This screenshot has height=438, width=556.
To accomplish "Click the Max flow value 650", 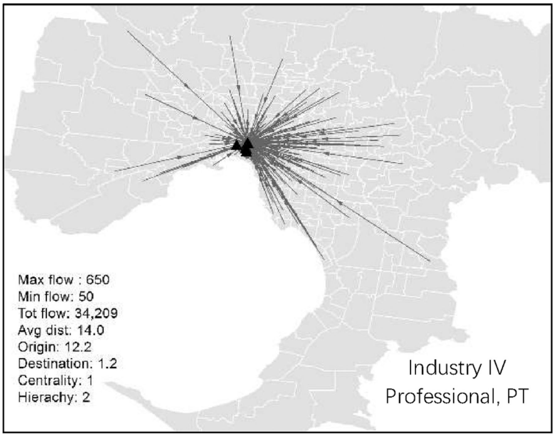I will [x=98, y=280].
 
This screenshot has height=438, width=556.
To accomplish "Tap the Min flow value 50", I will [x=86, y=297].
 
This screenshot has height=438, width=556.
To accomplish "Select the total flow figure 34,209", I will [x=96, y=313].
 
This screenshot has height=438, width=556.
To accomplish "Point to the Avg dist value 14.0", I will [x=91, y=330].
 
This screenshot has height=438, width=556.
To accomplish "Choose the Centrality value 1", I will [x=90, y=380].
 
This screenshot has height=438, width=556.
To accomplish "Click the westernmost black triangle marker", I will [x=236, y=145].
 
